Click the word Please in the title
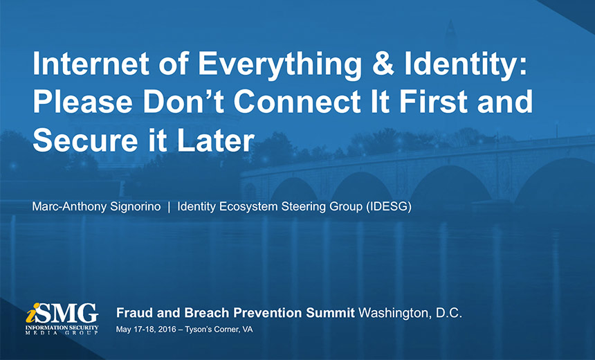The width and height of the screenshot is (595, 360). [82, 101]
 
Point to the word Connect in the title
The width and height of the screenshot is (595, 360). [296, 101]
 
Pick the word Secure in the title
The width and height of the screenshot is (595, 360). [85, 140]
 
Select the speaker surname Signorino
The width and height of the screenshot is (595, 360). [136, 207]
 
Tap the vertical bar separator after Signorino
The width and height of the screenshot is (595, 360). [169, 207]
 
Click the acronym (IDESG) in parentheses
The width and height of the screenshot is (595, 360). [389, 207]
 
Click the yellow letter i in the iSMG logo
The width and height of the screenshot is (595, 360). [33, 312]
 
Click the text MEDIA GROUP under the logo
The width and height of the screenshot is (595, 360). [62, 333]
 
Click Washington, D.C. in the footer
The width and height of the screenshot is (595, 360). [410, 314]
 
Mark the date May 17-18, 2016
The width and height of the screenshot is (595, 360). [146, 330]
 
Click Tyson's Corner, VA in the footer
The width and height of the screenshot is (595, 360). [219, 330]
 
